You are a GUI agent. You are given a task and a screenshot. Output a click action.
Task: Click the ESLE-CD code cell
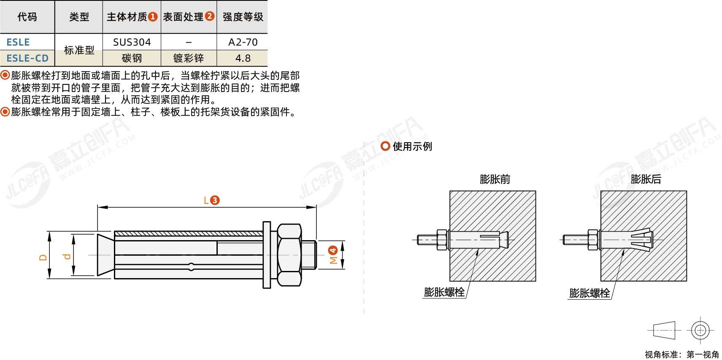click(27, 58)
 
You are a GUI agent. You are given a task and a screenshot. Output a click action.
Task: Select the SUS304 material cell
click(132, 42)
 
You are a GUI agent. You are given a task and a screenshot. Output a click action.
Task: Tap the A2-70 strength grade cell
click(243, 42)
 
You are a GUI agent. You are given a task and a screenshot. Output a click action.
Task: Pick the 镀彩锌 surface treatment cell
click(189, 58)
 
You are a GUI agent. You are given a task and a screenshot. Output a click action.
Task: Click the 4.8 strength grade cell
click(243, 58)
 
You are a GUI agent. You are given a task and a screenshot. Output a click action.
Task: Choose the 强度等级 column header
click(243, 17)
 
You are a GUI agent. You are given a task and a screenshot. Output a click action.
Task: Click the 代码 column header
click(27, 17)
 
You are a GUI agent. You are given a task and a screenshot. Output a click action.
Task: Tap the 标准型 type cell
click(79, 50)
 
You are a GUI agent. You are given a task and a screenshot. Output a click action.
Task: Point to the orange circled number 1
click(153, 17)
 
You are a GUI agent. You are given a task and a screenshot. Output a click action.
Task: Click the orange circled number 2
click(209, 16)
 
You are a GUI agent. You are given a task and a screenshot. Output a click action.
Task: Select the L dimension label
click(206, 200)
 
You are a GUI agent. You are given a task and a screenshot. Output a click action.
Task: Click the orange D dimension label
click(43, 257)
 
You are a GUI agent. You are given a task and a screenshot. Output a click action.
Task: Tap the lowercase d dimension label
click(67, 257)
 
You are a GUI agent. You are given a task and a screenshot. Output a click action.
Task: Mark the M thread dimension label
click(333, 260)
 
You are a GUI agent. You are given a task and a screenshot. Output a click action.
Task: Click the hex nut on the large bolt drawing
click(289, 255)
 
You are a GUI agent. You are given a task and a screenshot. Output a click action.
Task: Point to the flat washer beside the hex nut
click(267, 255)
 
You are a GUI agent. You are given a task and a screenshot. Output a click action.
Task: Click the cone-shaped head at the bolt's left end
click(106, 255)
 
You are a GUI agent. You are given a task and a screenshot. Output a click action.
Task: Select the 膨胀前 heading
click(495, 179)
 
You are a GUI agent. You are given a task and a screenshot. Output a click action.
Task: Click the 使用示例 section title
click(412, 146)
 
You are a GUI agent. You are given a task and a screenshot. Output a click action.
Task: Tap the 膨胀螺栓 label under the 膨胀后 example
click(589, 293)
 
